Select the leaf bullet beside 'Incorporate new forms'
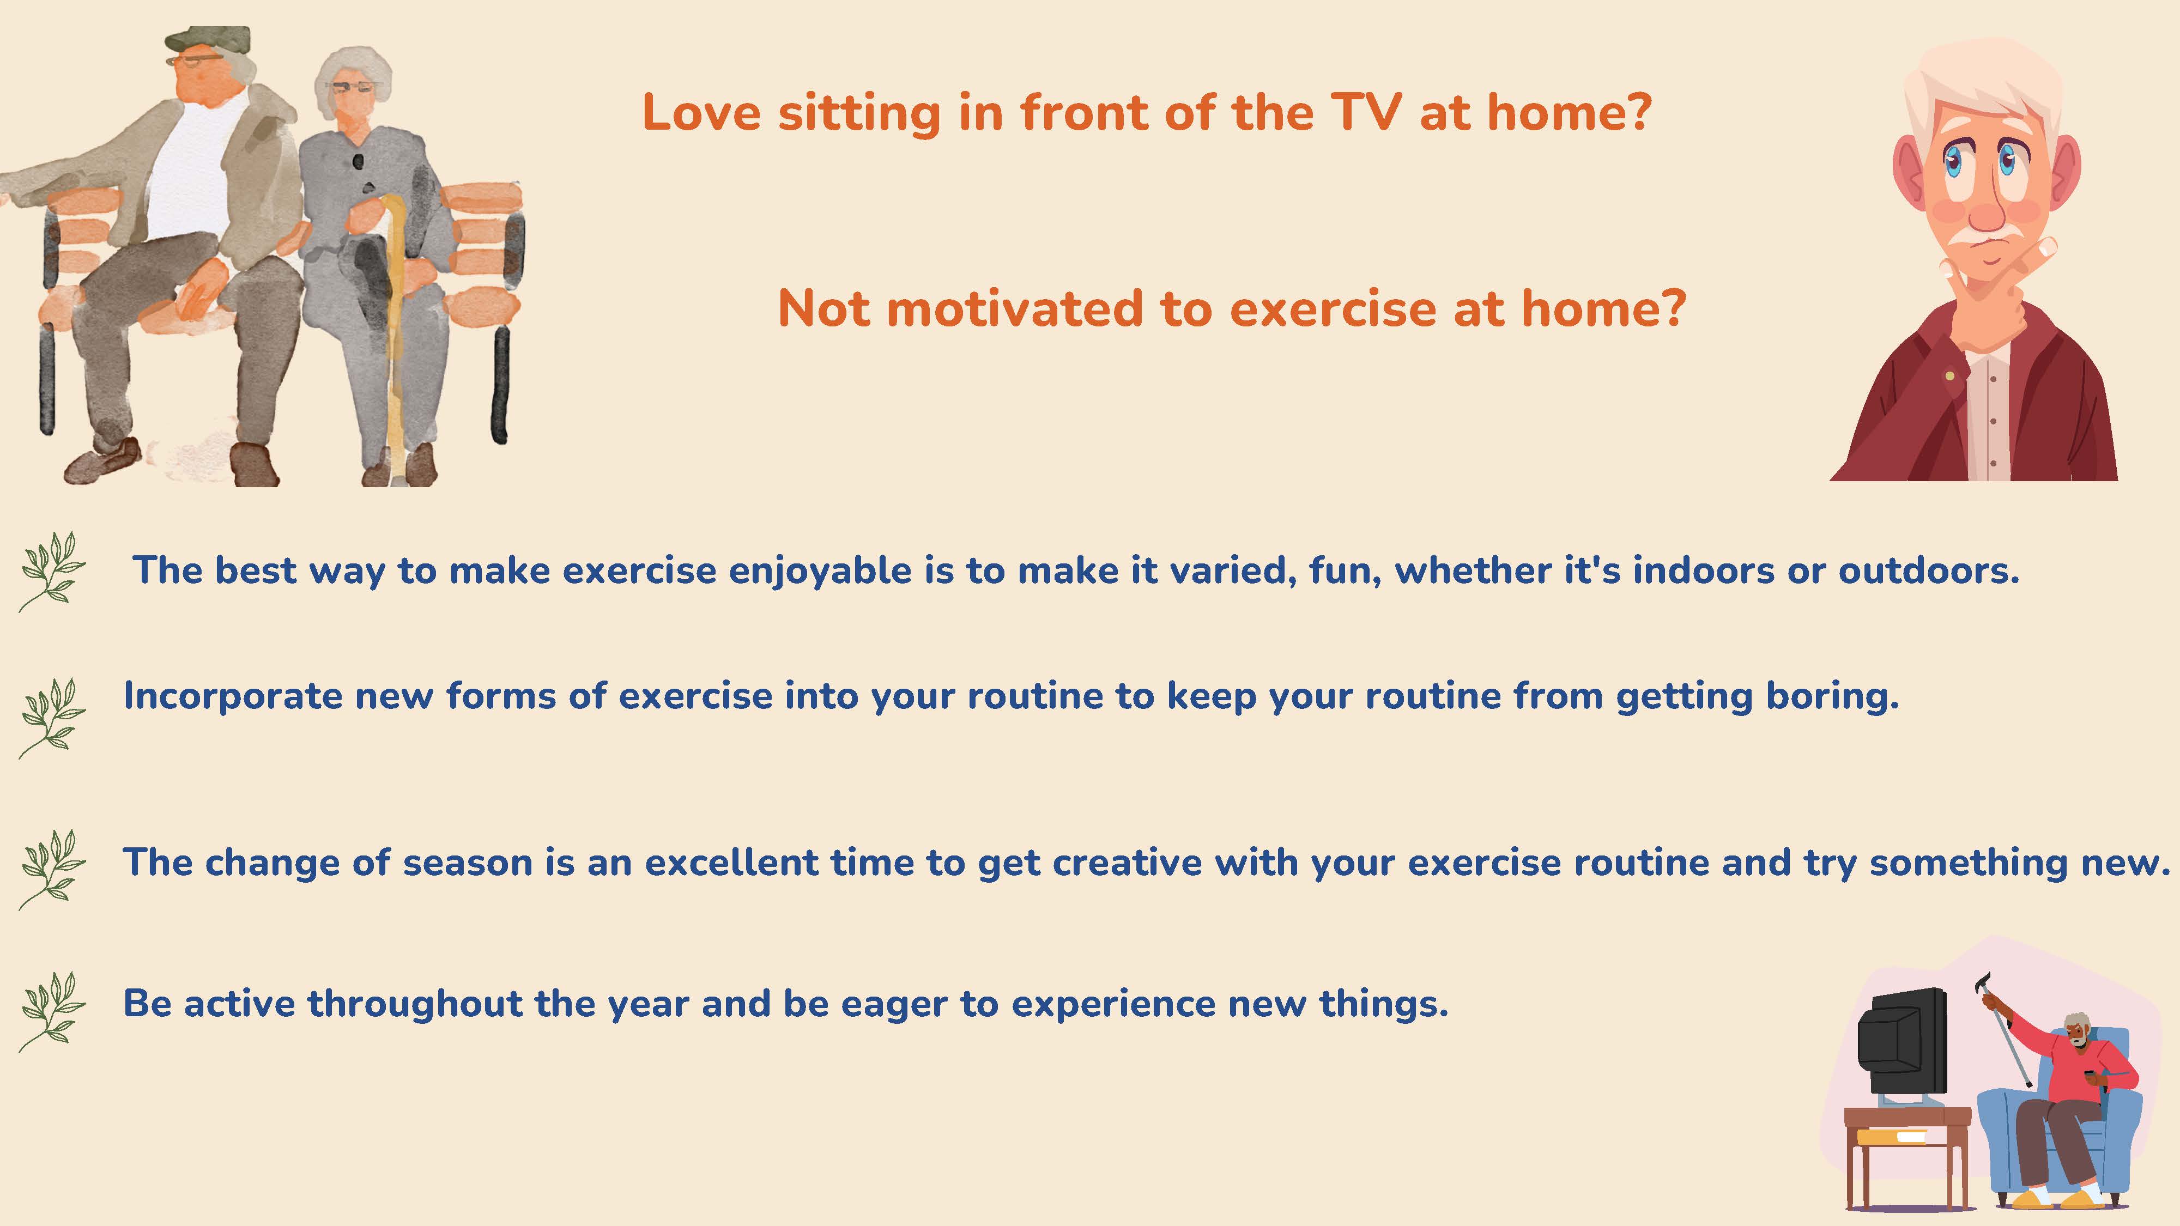pyautogui.click(x=52, y=718)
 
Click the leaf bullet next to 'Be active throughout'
pyautogui.click(x=52, y=1011)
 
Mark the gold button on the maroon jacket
pyautogui.click(x=1950, y=375)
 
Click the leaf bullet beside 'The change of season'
pyautogui.click(x=52, y=869)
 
